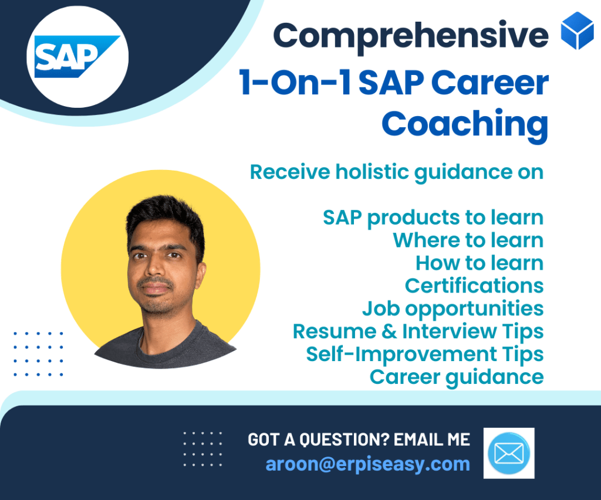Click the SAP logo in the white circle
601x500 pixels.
pyautogui.click(x=77, y=57)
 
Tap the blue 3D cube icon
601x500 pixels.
pyautogui.click(x=578, y=30)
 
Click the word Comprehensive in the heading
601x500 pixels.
pyautogui.click(x=411, y=36)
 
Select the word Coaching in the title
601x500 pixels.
pyautogui.click(x=465, y=124)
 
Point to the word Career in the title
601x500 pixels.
pyautogui.click(x=490, y=83)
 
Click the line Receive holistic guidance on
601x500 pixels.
pyautogui.click(x=397, y=172)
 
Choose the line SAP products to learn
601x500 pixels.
pyautogui.click(x=433, y=218)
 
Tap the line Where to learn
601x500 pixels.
pyautogui.click(x=468, y=240)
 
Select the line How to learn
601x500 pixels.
pyautogui.click(x=480, y=263)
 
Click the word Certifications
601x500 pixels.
pyautogui.click(x=474, y=285)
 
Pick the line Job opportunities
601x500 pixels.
pyautogui.click(x=453, y=309)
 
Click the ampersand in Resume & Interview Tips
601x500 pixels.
pyautogui.click(x=390, y=332)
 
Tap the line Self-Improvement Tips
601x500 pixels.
pyautogui.click(x=425, y=355)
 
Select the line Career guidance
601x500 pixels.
pyautogui.click(x=457, y=377)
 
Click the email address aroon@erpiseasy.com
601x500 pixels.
pyautogui.click(x=368, y=465)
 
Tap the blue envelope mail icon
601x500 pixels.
pyautogui.click(x=509, y=453)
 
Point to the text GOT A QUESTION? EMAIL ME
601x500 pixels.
pyautogui.click(x=359, y=440)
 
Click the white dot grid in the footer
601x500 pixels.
pyautogui.click(x=202, y=449)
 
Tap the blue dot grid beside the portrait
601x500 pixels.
pyautogui.click(x=38, y=354)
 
